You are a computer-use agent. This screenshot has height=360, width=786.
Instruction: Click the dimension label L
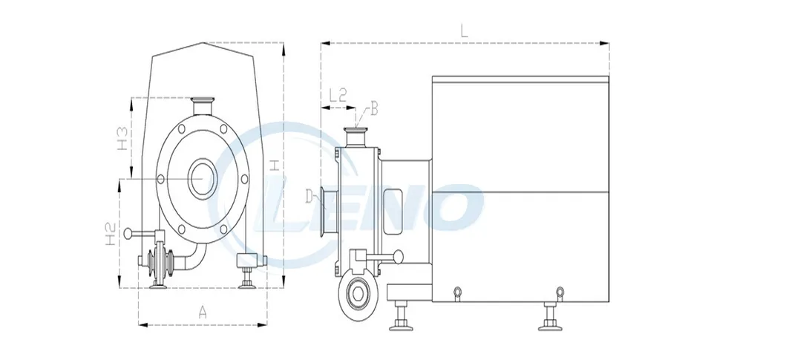coord(464,31)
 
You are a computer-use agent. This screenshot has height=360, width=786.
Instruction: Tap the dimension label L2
coord(337,95)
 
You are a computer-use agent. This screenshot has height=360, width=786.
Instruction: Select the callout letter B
coord(374,110)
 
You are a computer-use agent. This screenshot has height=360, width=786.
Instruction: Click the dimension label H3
coord(124,139)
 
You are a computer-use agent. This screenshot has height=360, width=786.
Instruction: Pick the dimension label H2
coord(109,235)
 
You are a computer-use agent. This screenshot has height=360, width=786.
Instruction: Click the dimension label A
coord(202,312)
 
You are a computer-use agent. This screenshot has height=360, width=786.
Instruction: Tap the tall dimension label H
coord(275,165)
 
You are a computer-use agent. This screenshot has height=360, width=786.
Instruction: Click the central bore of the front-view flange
coord(202,178)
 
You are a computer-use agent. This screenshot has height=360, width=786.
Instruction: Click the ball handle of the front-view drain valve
coord(128,234)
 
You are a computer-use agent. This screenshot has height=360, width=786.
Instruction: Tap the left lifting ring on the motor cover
coord(458,290)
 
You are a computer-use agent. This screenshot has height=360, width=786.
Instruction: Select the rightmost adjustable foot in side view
coord(551,315)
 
